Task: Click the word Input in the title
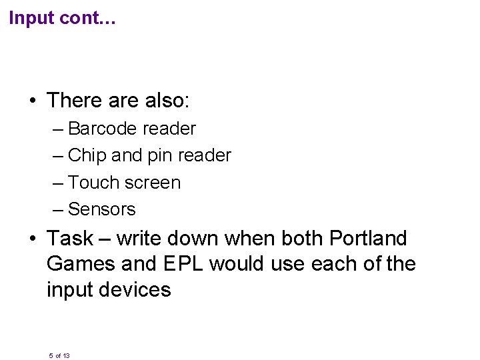[x=32, y=19]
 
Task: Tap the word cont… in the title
[x=89, y=19]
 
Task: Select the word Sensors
[x=102, y=209]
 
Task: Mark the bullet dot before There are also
[x=32, y=102]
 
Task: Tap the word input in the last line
[x=69, y=290]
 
